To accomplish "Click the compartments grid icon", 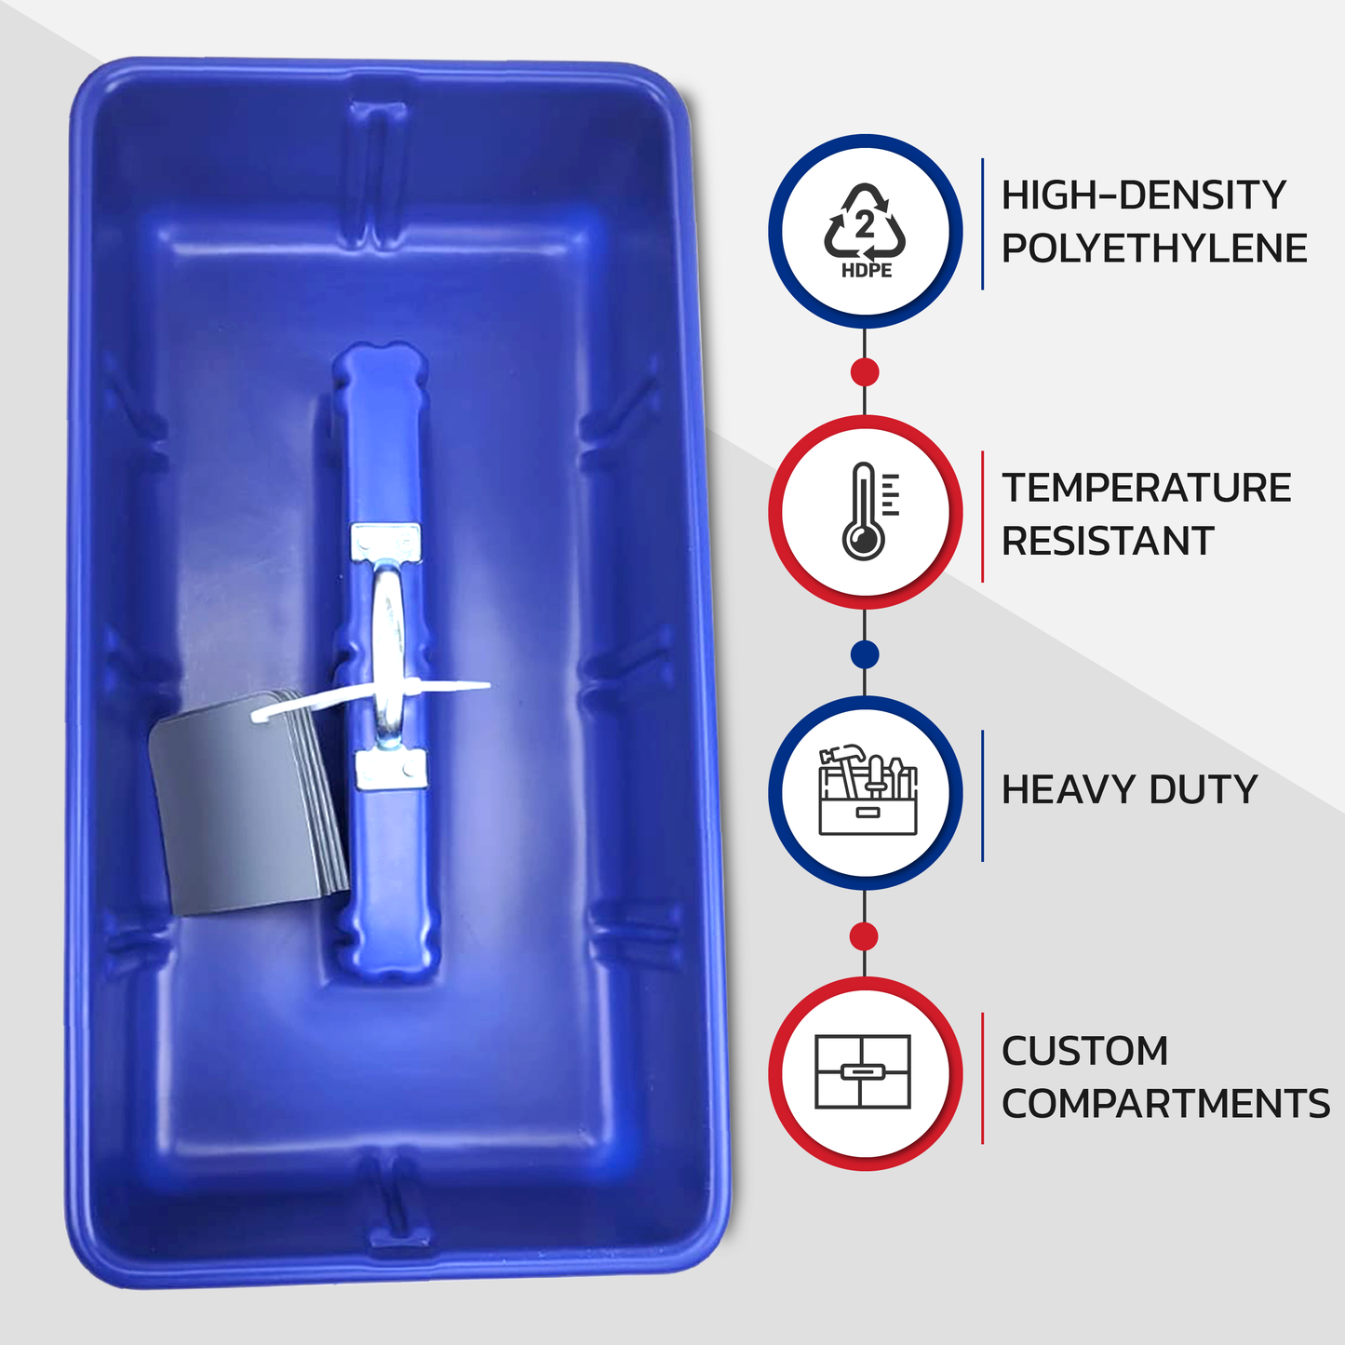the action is pos(863,1071).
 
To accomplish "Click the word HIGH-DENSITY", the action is pos(1143,195).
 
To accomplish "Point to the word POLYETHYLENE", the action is pos(1154,248).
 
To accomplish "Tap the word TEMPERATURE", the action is pos(1146,487).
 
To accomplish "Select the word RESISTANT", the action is pos(1108,541).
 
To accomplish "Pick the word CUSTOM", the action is pos(1084,1051).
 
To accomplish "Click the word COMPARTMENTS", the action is pos(1165,1104).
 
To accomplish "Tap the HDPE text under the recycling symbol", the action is pos(867,271).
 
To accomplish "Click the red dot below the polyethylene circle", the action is pos(865,372).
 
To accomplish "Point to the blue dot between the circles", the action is pos(865,654).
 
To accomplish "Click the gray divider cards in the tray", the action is pos(248,802).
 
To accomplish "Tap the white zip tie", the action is pos(370,698).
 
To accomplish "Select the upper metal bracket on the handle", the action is pos(386,543).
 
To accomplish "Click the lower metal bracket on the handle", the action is pos(390,769).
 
